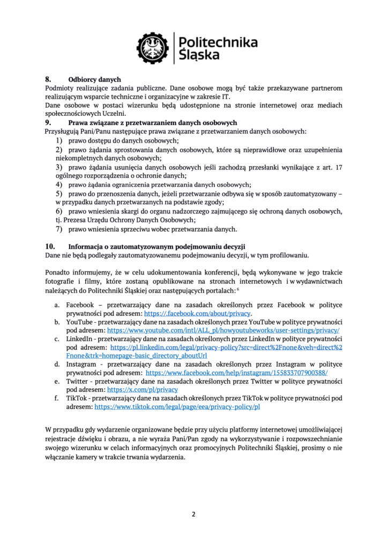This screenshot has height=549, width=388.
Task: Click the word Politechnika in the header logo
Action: coord(217,42)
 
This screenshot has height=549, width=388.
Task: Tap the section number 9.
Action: coord(47,122)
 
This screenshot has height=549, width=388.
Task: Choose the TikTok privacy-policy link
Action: coord(177,407)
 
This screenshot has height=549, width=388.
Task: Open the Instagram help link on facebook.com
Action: coord(236,373)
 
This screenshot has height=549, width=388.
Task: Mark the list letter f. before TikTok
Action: coord(57,398)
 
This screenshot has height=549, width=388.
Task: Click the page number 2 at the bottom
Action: coord(194,514)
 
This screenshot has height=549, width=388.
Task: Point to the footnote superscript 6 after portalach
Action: coord(238,288)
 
